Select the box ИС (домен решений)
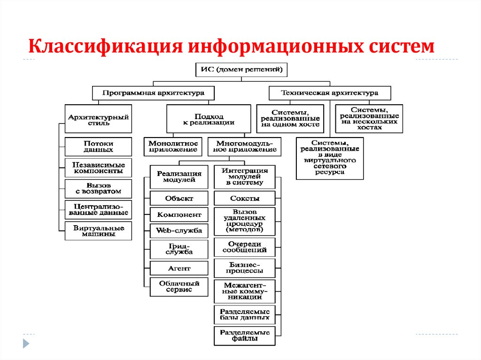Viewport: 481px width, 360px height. pyautogui.click(x=241, y=70)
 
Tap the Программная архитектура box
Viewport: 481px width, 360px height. pyautogui.click(x=154, y=93)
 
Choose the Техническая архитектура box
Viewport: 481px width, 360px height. pyautogui.click(x=330, y=93)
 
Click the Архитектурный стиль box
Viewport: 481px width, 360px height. pyautogui.click(x=98, y=119)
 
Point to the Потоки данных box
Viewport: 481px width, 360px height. pyautogui.click(x=98, y=146)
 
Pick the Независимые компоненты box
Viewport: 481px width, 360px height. pyautogui.click(x=98, y=168)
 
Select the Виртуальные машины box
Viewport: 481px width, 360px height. pyautogui.click(x=98, y=231)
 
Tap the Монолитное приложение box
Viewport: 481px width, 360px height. pyautogui.click(x=173, y=146)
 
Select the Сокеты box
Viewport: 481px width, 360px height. pyautogui.click(x=244, y=198)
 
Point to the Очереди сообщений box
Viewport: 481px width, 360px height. pyautogui.click(x=244, y=247)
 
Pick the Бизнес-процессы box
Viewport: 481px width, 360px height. pyautogui.click(x=244, y=268)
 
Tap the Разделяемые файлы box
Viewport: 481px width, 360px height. pyautogui.click(x=244, y=336)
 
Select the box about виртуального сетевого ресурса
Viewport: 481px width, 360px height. pyautogui.click(x=330, y=158)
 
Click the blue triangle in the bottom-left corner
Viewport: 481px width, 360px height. pyautogui.click(x=26, y=344)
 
